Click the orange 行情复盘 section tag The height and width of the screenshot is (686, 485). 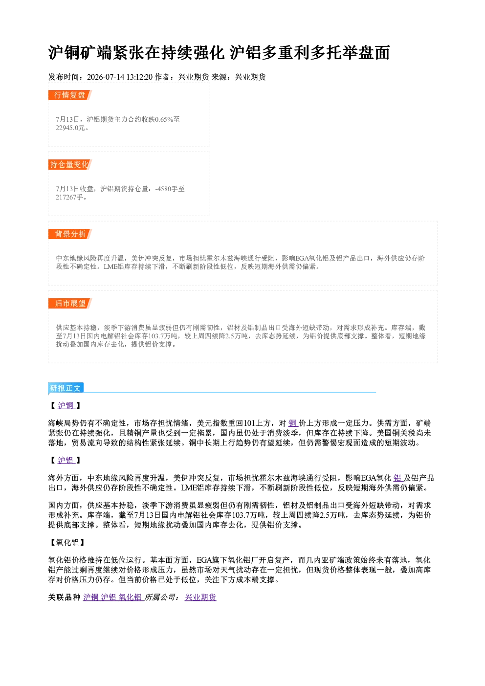click(70, 95)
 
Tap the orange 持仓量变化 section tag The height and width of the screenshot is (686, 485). click(70, 164)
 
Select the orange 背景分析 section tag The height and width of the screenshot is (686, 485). click(70, 234)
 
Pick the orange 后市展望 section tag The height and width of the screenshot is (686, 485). click(70, 304)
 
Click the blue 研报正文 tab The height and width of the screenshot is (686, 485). click(66, 388)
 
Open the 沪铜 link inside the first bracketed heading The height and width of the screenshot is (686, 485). click(66, 405)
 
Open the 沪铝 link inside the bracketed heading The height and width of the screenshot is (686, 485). click(66, 460)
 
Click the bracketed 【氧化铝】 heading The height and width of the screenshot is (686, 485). click(67, 542)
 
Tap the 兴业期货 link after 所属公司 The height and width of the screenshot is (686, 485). click(200, 597)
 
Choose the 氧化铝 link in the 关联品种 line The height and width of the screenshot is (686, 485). click(130, 597)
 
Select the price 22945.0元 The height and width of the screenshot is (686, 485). click(70, 128)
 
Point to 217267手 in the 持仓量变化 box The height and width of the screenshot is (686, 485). click(69, 197)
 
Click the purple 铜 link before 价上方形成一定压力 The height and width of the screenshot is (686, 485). click(292, 423)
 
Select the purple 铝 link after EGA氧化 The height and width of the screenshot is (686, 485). click(397, 478)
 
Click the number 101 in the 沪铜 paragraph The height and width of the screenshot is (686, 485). click(249, 423)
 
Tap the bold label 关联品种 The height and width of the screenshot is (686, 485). click(65, 597)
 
